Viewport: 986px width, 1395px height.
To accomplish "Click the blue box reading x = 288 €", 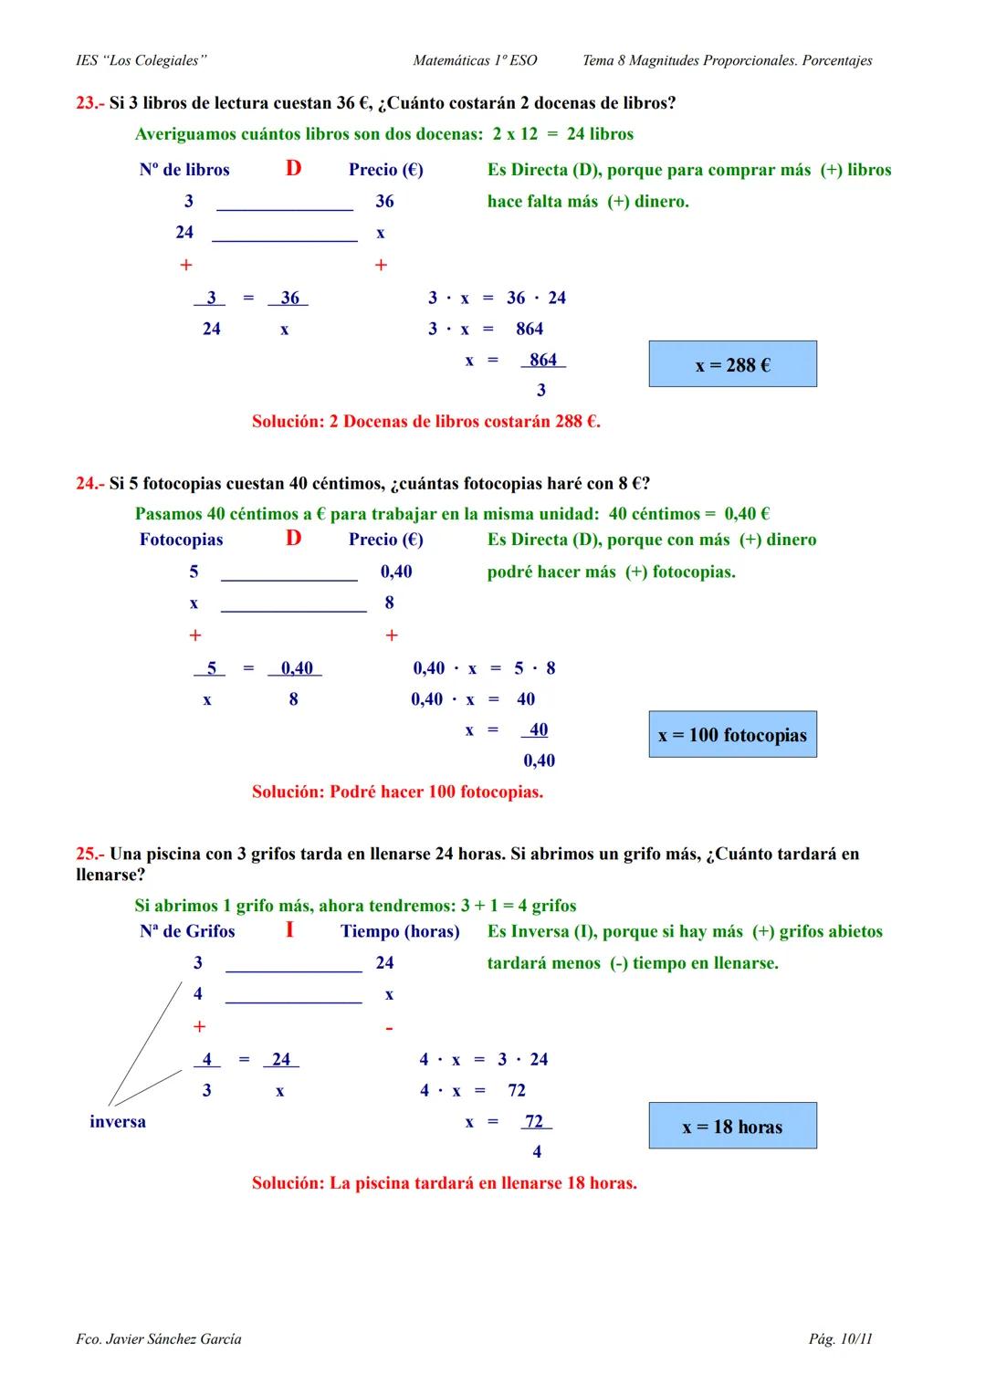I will tap(732, 364).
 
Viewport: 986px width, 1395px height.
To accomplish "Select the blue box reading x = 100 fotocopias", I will tap(732, 735).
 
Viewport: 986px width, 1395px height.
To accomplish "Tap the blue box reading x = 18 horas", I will tap(732, 1126).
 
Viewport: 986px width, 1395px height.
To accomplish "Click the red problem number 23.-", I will tap(90, 103).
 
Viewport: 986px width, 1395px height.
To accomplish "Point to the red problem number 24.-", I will tap(90, 483).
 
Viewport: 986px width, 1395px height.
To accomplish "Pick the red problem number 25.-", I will tap(90, 854).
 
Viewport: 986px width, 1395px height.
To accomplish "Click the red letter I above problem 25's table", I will tap(289, 930).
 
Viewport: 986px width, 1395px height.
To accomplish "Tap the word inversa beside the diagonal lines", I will tap(118, 1121).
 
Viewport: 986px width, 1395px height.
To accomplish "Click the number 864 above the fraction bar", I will tap(543, 360).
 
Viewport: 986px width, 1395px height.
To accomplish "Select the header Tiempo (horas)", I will tap(400, 931).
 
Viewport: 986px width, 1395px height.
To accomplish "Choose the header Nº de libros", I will tap(184, 170).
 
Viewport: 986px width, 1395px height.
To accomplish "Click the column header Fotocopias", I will tap(181, 540).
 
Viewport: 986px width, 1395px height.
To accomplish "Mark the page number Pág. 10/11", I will tap(840, 1339).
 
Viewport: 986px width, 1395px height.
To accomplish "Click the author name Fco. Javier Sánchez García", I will tap(159, 1339).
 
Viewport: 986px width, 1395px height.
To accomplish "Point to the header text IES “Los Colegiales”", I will tap(142, 60).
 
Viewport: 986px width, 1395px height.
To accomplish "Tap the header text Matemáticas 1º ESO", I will tap(475, 60).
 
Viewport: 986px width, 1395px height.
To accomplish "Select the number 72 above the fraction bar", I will tap(534, 1121).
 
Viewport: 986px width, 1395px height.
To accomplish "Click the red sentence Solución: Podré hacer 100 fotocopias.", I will tap(397, 792).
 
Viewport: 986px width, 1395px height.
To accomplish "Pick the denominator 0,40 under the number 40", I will tap(539, 760).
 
